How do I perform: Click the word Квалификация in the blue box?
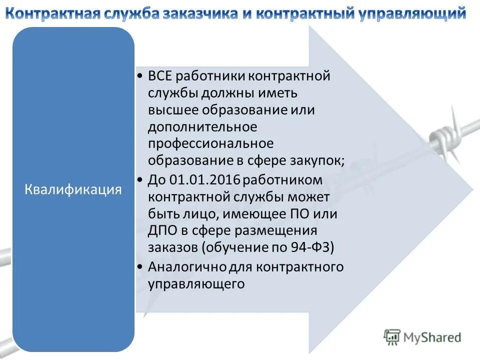click(x=73, y=189)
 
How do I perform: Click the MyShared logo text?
click(x=432, y=337)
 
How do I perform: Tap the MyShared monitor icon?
click(x=392, y=337)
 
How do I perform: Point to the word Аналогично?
click(x=187, y=266)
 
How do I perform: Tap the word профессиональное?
click(x=210, y=144)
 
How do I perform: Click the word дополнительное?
click(x=202, y=127)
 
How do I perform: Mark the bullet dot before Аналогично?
click(x=140, y=266)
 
